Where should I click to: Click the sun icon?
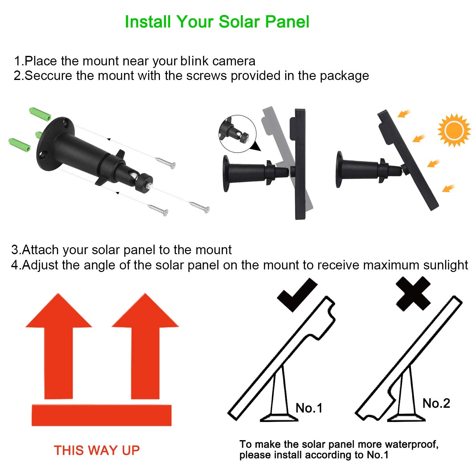(x=454, y=130)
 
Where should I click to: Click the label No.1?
(x=309, y=408)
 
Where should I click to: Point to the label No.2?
(x=436, y=403)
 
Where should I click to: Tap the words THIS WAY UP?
(x=97, y=450)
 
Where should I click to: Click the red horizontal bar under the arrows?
(x=102, y=415)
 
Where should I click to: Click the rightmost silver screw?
(x=199, y=207)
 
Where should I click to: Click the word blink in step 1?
(x=195, y=61)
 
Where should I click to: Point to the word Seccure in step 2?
(x=48, y=76)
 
